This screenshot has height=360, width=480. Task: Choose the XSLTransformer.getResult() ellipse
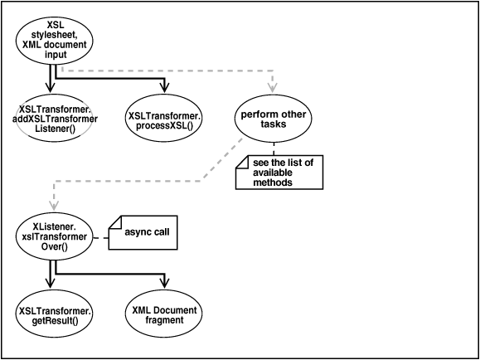(55, 314)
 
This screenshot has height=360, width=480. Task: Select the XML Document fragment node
(164, 314)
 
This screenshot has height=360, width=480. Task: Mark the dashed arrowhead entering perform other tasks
(274, 90)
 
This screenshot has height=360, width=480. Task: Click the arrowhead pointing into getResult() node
(51, 287)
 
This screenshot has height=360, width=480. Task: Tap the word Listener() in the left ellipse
(55, 129)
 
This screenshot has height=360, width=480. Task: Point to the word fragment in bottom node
(164, 320)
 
